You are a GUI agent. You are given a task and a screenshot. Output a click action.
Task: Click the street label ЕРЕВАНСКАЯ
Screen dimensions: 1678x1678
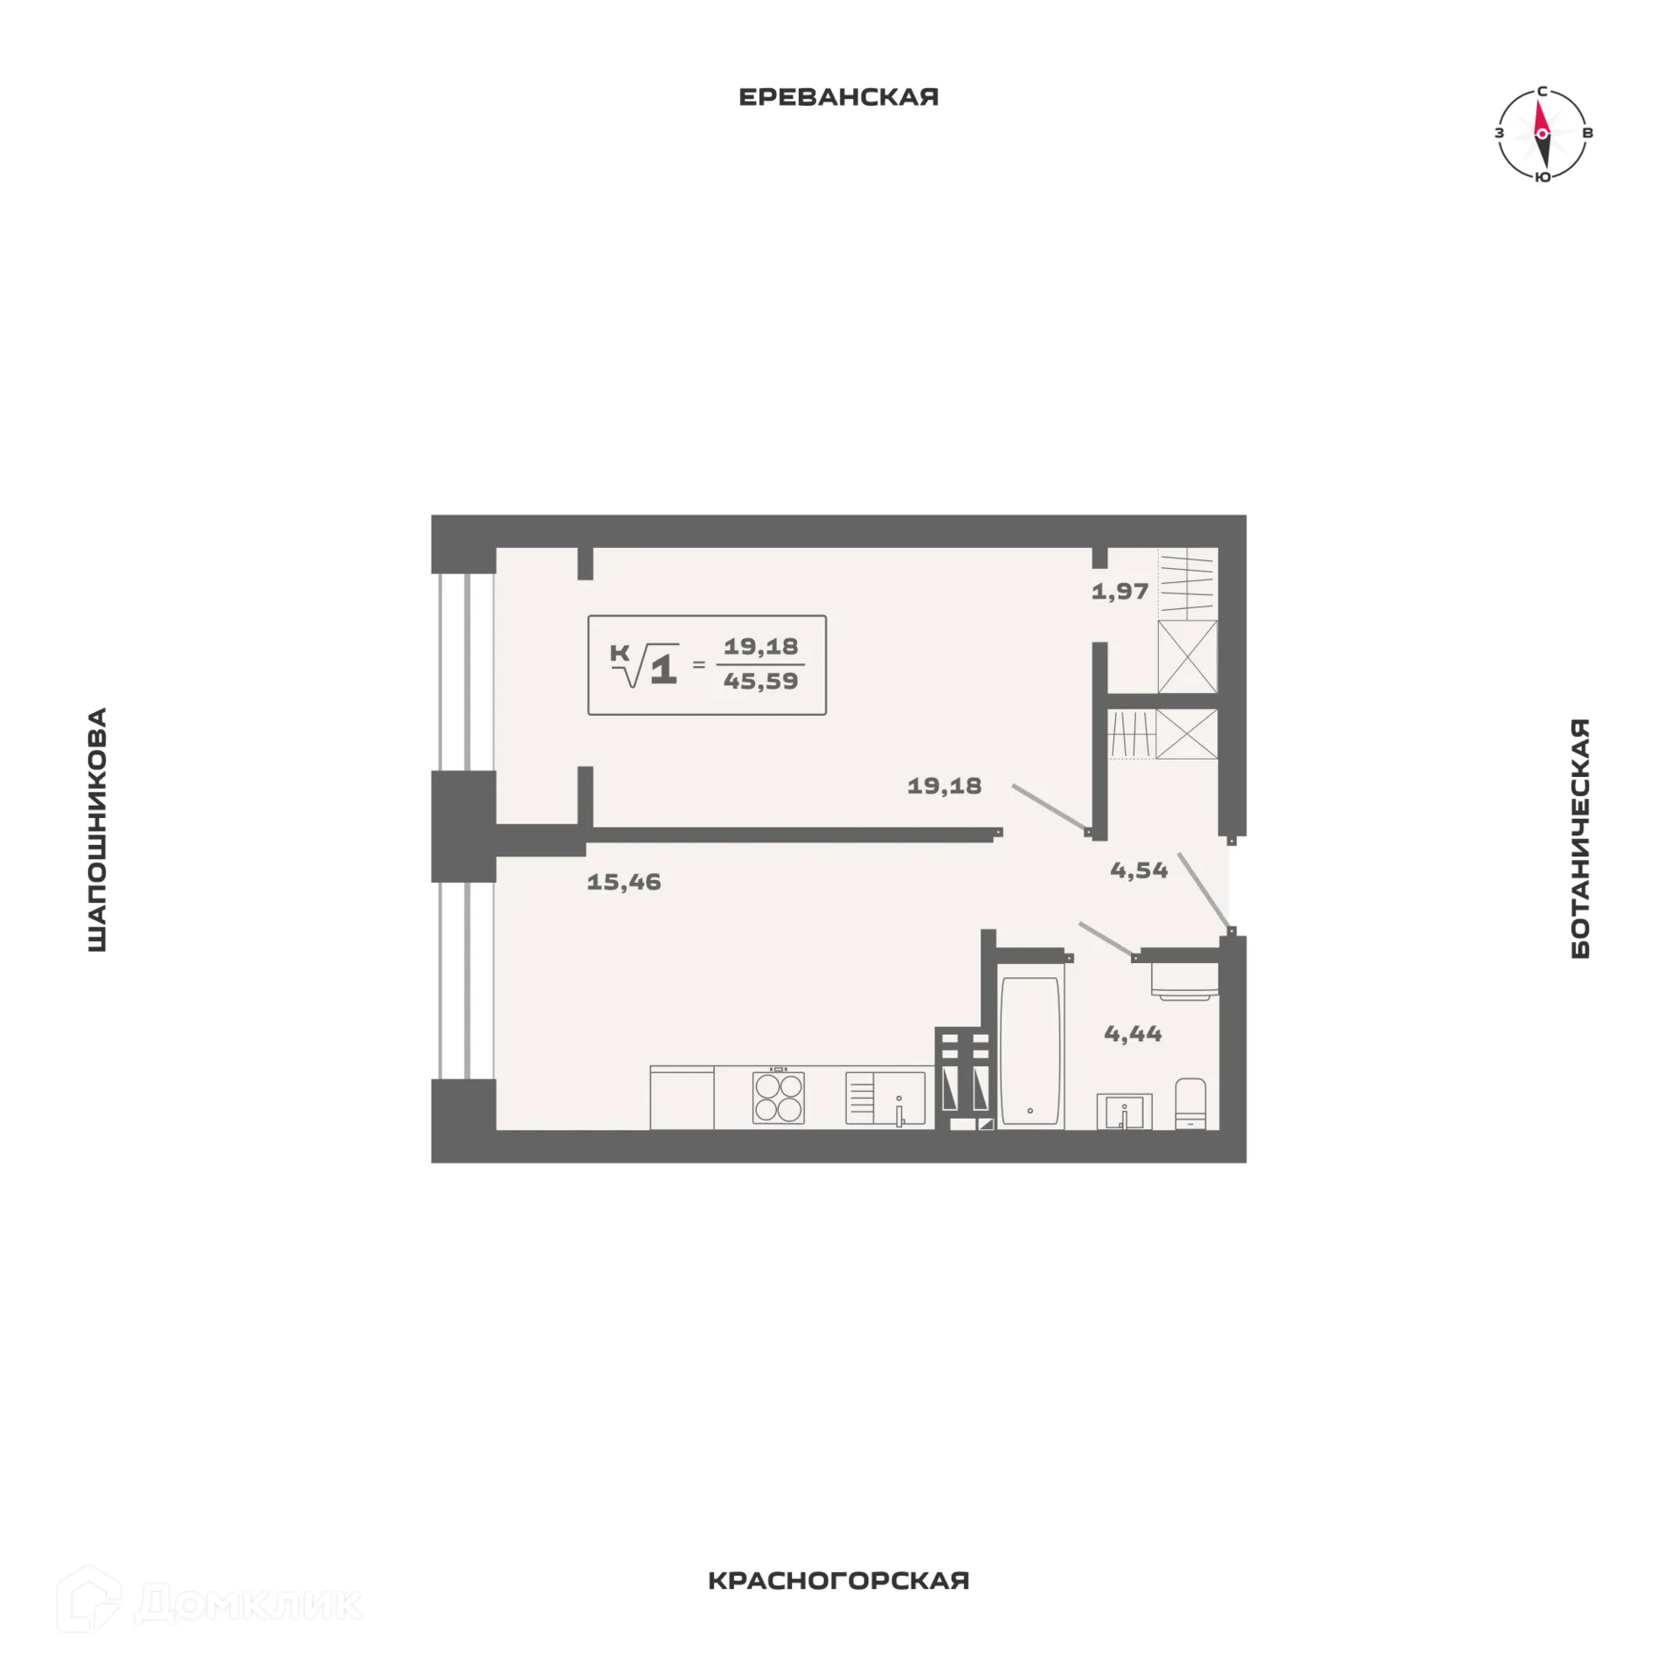click(x=838, y=96)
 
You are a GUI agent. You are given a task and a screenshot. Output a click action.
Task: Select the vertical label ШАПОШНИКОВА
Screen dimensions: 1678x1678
click(x=97, y=829)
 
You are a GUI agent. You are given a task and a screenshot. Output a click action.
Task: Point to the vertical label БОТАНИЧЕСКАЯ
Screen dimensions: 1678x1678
click(x=1580, y=838)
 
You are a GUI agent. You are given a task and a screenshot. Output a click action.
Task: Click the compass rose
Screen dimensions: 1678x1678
click(x=1543, y=134)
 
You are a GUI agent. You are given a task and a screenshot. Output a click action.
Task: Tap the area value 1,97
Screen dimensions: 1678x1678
click(x=1120, y=592)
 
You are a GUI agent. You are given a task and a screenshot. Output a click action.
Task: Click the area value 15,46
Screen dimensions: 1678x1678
click(x=624, y=882)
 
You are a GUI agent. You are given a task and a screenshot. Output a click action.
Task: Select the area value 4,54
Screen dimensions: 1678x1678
click(x=1139, y=870)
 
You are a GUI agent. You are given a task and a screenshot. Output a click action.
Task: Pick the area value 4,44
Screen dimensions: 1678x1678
click(x=1133, y=1034)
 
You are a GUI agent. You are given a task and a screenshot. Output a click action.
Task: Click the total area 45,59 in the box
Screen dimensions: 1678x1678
click(x=760, y=682)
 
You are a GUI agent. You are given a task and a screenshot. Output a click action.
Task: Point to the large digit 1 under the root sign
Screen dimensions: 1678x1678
click(x=663, y=669)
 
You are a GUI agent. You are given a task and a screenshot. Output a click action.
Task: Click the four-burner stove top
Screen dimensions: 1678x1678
click(x=778, y=1097)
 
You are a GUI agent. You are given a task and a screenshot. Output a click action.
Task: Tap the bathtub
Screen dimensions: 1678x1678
click(x=1030, y=1051)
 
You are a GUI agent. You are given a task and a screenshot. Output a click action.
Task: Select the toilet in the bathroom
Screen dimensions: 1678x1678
click(x=1190, y=1103)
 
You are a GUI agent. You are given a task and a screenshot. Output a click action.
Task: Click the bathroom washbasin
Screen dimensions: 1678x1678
click(x=1125, y=1113)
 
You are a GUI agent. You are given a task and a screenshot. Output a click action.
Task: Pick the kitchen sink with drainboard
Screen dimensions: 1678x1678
click(x=885, y=1098)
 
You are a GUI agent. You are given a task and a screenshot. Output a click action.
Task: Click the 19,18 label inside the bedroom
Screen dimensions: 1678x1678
click(x=944, y=786)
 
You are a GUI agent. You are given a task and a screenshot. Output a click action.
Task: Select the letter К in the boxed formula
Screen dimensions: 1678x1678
click(x=620, y=653)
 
